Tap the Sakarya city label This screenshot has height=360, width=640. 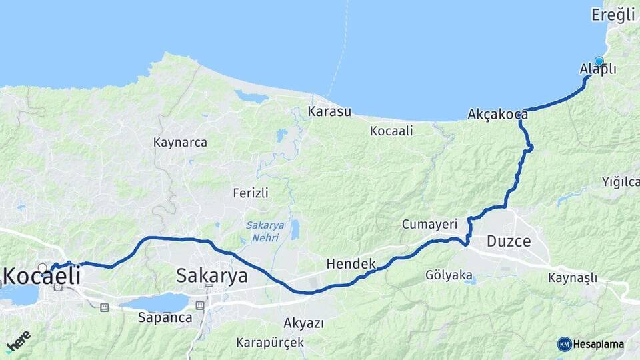coord(212,275)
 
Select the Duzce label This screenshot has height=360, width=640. coord(509,241)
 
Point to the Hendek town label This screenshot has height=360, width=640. coord(351,264)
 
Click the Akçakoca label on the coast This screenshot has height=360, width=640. coord(497,114)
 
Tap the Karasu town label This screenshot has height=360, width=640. coord(329,111)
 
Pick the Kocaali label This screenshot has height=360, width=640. coord(391,131)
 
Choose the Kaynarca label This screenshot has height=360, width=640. coord(180,142)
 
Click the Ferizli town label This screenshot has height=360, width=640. coord(251,193)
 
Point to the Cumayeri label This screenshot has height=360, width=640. coord(429,225)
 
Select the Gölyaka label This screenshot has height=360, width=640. coord(449,275)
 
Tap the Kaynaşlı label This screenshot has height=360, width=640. coord(573,278)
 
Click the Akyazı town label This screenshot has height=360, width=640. coord(303,323)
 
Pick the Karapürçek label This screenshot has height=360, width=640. coord(270,343)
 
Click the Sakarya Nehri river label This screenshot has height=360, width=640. coord(265,230)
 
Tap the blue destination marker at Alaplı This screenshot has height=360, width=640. coord(599,61)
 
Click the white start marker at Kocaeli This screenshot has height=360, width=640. coord(43,268)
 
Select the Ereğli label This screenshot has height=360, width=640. coord(613,15)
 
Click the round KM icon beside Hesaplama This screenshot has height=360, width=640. coord(564,344)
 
